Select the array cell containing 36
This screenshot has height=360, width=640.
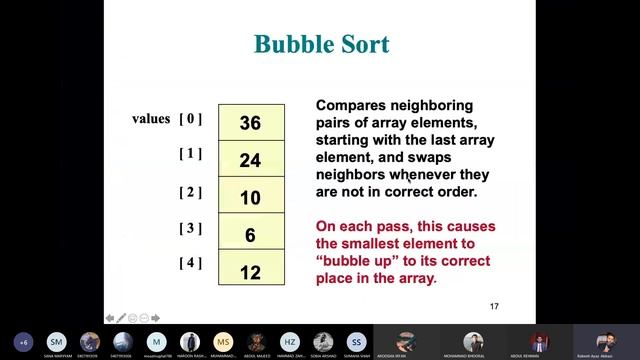250,123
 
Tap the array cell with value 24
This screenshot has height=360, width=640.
250,160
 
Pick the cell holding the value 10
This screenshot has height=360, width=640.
250,197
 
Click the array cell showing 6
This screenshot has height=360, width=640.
250,235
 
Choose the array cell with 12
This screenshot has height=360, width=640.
250,271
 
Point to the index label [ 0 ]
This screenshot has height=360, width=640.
191,119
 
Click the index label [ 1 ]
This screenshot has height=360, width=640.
191,154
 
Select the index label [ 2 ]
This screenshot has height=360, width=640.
191,191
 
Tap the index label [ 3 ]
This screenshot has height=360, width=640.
191,228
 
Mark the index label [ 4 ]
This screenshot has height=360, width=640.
191,264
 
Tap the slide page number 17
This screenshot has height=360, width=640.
494,305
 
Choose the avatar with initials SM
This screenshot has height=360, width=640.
57,341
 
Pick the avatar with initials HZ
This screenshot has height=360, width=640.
290,341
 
